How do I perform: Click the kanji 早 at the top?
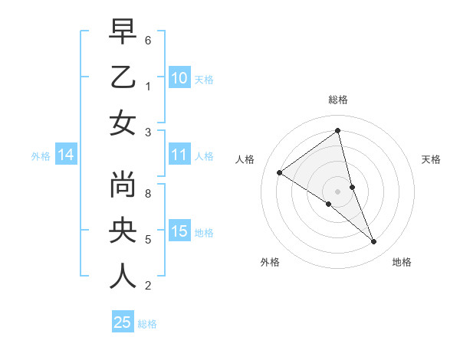coord(123,32)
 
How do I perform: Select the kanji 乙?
coord(123,77)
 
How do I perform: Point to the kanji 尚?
coord(123,185)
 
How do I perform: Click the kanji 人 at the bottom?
coord(123,276)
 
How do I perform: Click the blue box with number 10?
coord(179,78)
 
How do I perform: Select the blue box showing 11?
coord(179,155)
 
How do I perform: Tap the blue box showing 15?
coord(179,232)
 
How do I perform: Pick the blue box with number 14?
coord(66,155)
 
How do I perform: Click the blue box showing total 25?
coord(123,322)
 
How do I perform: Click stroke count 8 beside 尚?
coord(148,194)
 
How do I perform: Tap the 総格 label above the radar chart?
coord(337,100)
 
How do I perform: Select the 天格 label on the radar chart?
coord(431,159)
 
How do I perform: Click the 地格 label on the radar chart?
coord(402,262)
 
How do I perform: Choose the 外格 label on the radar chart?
coord(270,262)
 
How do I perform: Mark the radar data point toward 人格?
coord(280,172)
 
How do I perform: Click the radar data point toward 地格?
coord(374,241)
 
